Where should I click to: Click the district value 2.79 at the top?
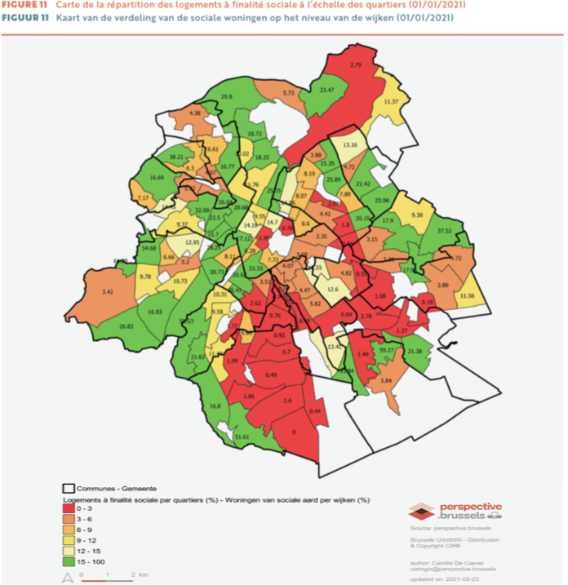click(355, 64)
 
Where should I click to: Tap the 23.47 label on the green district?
click(326, 89)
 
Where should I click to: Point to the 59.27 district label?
click(388, 350)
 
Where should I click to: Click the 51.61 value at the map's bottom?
click(242, 437)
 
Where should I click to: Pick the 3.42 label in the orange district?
click(106, 291)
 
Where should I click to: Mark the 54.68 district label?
click(149, 247)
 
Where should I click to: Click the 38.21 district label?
click(176, 156)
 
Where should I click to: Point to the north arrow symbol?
click(68, 577)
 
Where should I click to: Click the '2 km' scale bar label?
click(139, 574)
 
